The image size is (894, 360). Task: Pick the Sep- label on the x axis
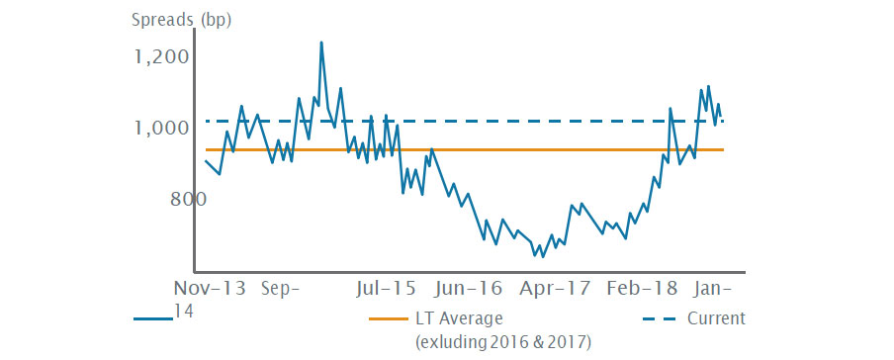(x=282, y=289)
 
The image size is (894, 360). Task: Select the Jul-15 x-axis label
(x=385, y=289)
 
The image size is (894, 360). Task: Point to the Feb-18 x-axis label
(x=644, y=289)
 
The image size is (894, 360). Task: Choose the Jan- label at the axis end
(x=713, y=289)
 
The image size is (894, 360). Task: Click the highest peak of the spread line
(x=321, y=43)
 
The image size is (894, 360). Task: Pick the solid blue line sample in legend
(x=154, y=318)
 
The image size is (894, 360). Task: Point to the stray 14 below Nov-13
(x=183, y=311)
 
